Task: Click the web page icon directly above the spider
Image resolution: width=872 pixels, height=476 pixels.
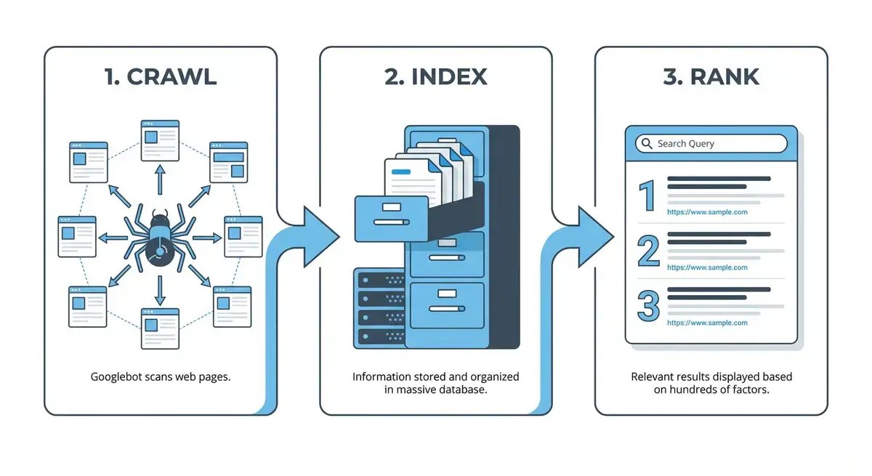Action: pyautogui.click(x=160, y=140)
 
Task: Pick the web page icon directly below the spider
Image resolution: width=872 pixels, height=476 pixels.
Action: pyautogui.click(x=160, y=328)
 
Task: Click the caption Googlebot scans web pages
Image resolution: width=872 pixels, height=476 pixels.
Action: pyautogui.click(x=161, y=377)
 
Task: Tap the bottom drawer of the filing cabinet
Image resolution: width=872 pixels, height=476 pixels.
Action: pyautogui.click(x=447, y=304)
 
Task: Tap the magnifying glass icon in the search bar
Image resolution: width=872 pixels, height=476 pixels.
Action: pyautogui.click(x=646, y=143)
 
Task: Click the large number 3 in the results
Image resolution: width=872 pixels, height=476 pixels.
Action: pyautogui.click(x=648, y=305)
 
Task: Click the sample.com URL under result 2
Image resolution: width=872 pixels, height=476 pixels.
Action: pyautogui.click(x=707, y=267)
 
